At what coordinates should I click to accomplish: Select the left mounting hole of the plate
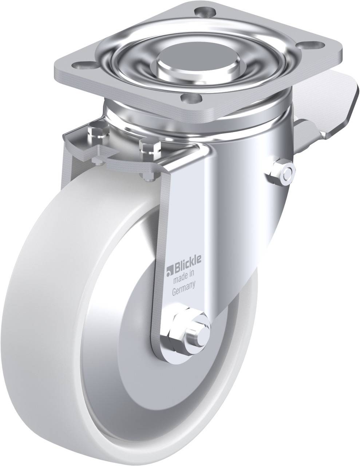(86, 64)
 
